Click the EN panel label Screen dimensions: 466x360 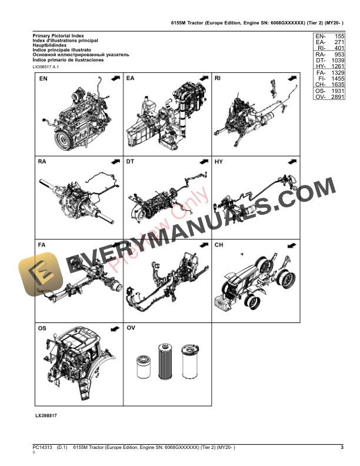[x=44, y=79]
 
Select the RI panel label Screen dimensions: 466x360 [x=218, y=79]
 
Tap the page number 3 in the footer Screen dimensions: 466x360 [x=342, y=448]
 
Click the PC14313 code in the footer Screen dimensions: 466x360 [x=43, y=448]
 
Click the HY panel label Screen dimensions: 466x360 [x=219, y=161]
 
